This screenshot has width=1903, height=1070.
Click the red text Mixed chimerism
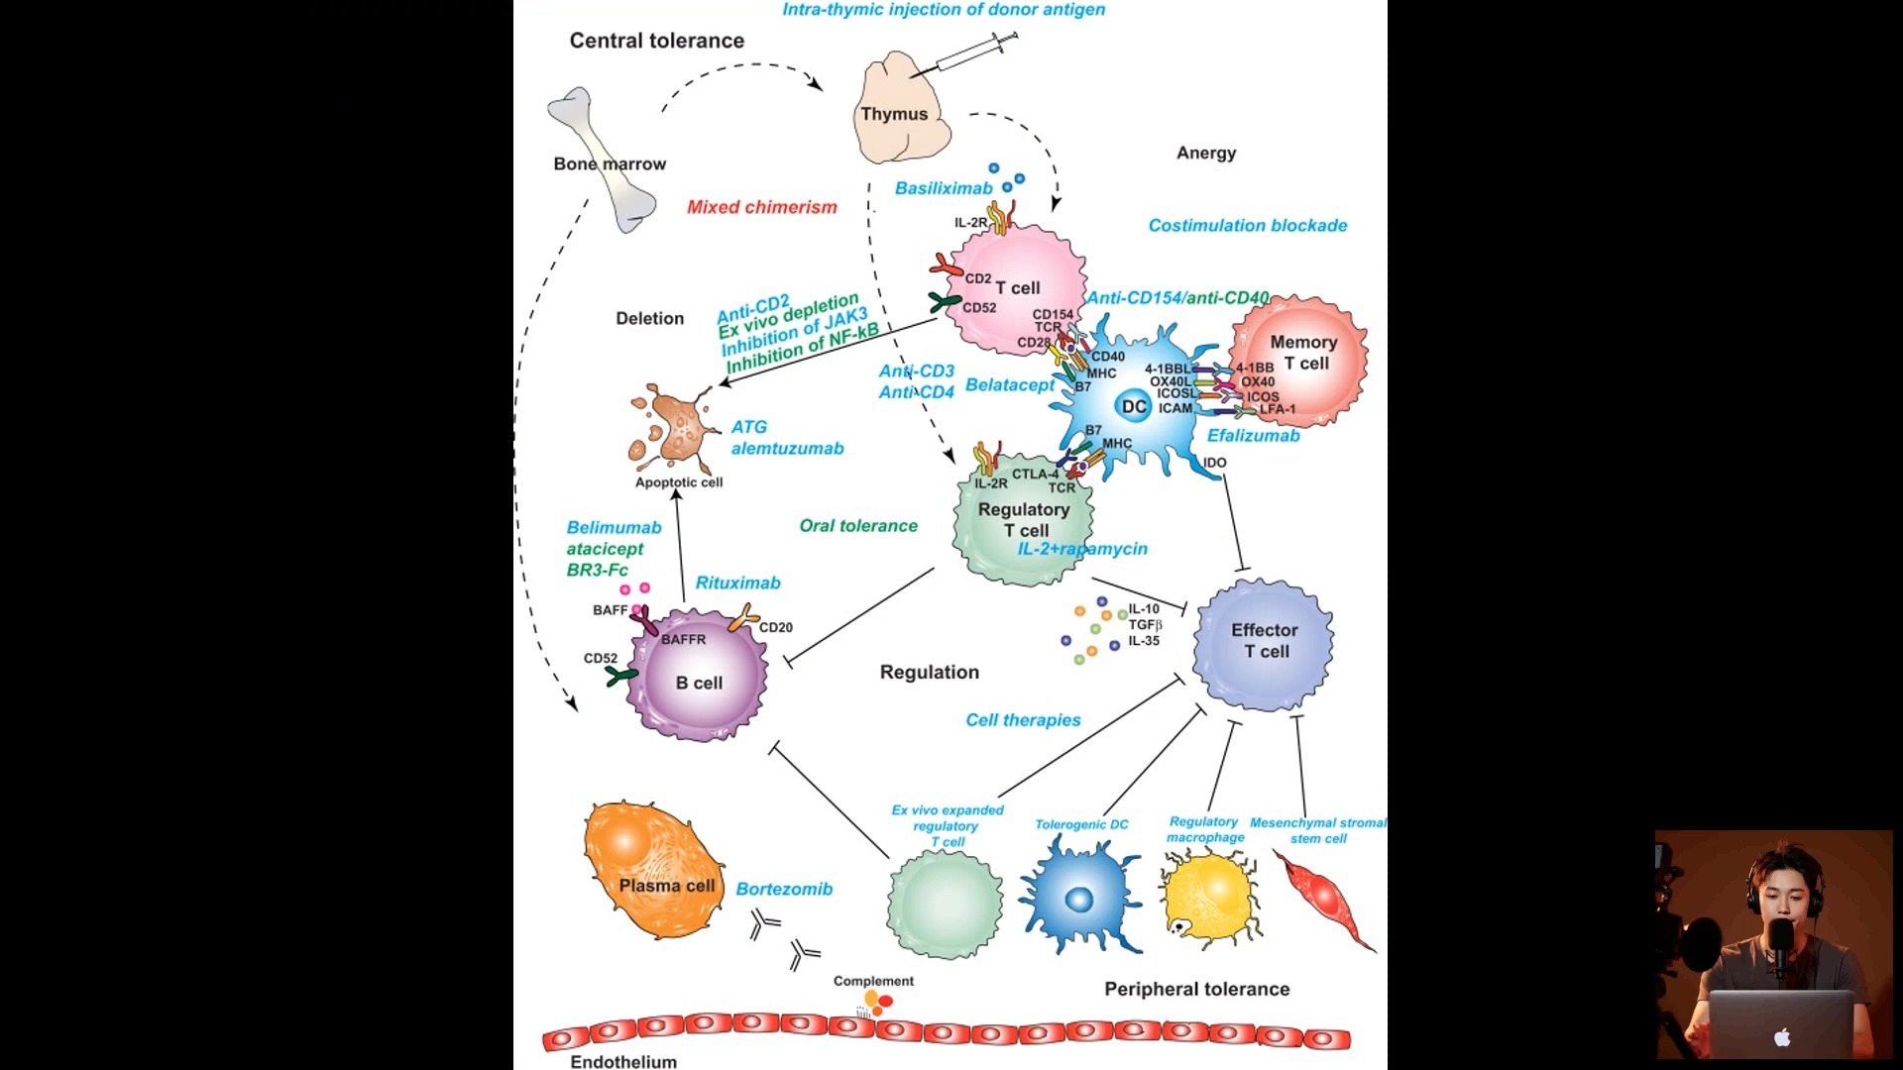(x=761, y=207)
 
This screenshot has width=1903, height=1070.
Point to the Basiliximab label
(x=943, y=188)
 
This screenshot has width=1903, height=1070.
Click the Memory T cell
(x=1299, y=361)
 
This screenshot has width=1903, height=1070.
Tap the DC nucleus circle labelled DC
(x=1133, y=406)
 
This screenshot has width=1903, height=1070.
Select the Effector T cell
(x=1263, y=643)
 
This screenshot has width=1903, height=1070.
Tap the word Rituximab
(x=737, y=583)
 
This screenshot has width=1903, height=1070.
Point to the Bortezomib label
(x=783, y=889)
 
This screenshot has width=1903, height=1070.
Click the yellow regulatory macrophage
(x=1207, y=898)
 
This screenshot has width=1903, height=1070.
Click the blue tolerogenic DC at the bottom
(x=1079, y=896)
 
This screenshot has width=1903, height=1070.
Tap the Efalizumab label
(x=1253, y=435)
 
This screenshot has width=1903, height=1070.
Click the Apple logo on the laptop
(x=1782, y=1037)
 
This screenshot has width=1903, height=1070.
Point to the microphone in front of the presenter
(x=1781, y=941)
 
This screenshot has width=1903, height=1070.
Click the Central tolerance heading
(x=656, y=41)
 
